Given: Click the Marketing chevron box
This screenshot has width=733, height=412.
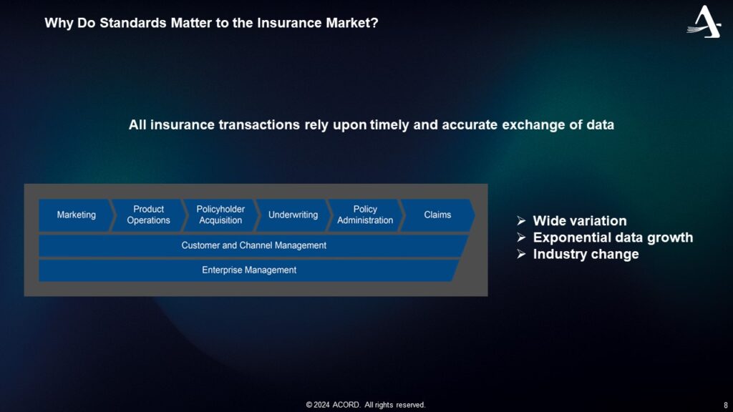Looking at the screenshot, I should click(76, 215).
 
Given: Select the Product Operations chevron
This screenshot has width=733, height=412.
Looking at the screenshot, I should click(148, 215).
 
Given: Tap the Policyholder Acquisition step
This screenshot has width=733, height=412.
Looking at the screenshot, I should click(220, 215).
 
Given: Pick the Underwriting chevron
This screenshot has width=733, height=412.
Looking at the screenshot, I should click(293, 215).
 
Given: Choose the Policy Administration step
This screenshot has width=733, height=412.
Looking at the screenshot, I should click(365, 215).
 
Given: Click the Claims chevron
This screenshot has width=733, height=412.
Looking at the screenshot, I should click(437, 215).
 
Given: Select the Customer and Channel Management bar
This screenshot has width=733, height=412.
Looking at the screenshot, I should click(253, 245).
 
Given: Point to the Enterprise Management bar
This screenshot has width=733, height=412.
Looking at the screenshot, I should click(249, 270).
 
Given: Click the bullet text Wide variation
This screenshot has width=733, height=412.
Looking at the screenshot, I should click(579, 221).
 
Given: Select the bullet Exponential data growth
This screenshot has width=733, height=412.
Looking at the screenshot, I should click(613, 237).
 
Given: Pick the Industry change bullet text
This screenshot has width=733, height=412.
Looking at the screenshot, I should click(586, 254).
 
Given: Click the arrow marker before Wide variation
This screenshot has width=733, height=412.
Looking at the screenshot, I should click(521, 221).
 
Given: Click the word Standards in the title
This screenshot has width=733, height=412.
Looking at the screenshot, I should click(125, 23).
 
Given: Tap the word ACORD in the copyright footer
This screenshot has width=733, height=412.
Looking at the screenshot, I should click(346, 405).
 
